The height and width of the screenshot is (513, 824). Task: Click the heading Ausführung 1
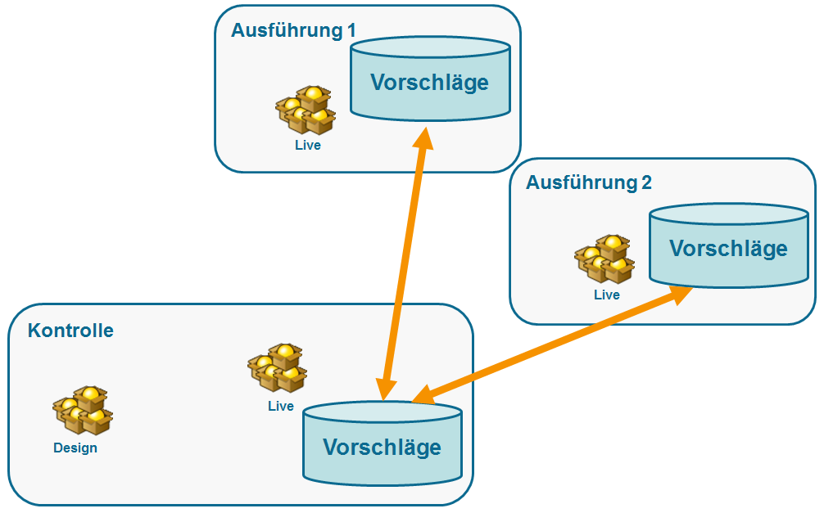coord(293,31)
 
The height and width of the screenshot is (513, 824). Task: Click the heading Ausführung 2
coord(588,182)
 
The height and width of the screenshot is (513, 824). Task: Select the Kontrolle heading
coord(70,331)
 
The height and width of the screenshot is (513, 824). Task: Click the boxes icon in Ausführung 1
coord(306,110)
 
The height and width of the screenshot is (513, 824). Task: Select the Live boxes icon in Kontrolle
coord(278,368)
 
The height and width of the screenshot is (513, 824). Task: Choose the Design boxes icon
coord(83,411)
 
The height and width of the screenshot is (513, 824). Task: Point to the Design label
coord(75,448)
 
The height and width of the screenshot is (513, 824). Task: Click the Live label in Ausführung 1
coord(308,146)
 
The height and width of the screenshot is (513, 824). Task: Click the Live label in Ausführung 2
coord(607,295)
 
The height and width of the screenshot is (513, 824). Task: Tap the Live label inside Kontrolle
coord(280,406)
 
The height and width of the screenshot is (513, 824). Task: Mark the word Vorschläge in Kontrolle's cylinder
coord(382,448)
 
